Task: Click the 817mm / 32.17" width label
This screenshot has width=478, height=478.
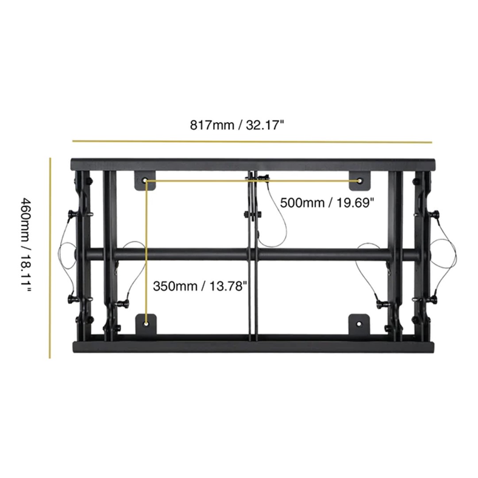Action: (237, 125)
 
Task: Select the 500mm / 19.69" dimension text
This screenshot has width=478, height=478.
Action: (327, 203)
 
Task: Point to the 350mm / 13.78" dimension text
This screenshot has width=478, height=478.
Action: (200, 286)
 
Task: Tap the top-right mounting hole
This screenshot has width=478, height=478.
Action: (360, 181)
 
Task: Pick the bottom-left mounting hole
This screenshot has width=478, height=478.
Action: (146, 324)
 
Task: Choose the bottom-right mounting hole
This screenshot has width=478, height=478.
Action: (359, 324)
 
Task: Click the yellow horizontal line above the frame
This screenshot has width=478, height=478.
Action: (252, 142)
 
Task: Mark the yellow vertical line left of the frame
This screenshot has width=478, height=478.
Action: (50, 258)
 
